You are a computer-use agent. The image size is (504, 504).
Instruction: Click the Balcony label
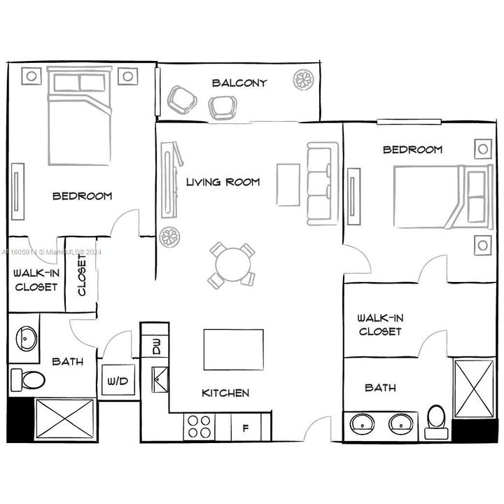click(x=239, y=83)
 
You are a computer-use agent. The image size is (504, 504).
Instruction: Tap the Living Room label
click(x=223, y=182)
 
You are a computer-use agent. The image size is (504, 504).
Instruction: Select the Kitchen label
click(x=225, y=393)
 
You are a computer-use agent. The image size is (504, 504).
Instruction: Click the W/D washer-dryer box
click(x=117, y=381)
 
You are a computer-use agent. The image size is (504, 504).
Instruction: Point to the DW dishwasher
click(x=155, y=345)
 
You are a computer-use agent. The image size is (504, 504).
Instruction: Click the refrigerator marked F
click(x=245, y=427)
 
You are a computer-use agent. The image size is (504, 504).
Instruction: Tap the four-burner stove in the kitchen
click(x=199, y=426)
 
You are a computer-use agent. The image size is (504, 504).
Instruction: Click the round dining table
click(x=232, y=265)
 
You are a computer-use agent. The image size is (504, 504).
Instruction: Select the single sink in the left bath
click(x=26, y=339)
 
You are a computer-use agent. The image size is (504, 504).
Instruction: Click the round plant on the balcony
click(x=303, y=80)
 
